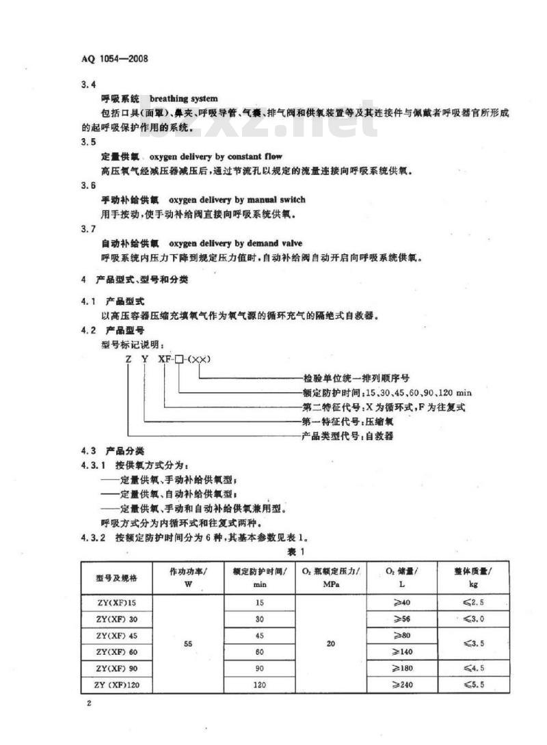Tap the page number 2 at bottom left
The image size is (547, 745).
(x=90, y=705)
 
